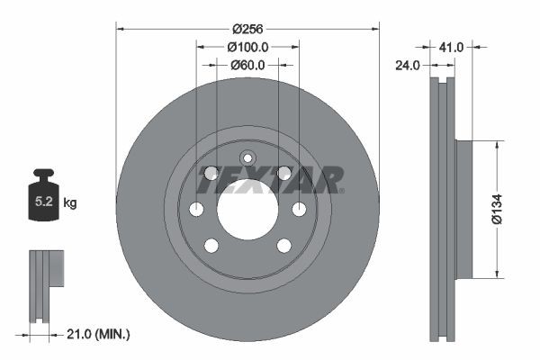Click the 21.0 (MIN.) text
[x=100, y=334]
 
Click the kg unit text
[x=70, y=203]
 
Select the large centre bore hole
[x=247, y=215]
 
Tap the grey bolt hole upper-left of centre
[x=211, y=173]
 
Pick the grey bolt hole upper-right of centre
[x=283, y=173]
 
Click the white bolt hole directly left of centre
[x=196, y=210]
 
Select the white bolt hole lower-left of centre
[x=211, y=246]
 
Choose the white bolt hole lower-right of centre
[x=283, y=246]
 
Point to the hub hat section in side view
[x=463, y=209]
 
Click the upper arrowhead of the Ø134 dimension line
[x=494, y=144]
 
